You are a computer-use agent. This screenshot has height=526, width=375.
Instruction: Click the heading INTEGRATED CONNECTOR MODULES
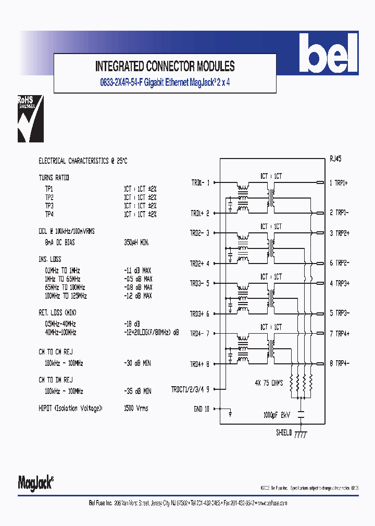coord(165,66)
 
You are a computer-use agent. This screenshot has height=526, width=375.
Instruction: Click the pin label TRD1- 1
coord(200,182)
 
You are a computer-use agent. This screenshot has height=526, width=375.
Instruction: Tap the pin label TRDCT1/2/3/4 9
coord(190,389)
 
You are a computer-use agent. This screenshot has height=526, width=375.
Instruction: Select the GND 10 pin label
coord(201,409)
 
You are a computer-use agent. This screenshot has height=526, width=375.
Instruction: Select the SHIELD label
coord(285,432)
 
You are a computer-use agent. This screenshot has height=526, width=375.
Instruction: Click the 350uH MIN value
coord(136,242)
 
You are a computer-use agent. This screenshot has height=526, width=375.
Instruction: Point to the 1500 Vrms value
coord(136,408)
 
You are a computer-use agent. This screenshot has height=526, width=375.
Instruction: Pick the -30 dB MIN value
coord(137,363)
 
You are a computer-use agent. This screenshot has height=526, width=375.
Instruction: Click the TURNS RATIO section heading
coord(54,178)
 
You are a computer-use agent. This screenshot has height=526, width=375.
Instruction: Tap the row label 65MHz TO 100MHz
coord(65,287)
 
